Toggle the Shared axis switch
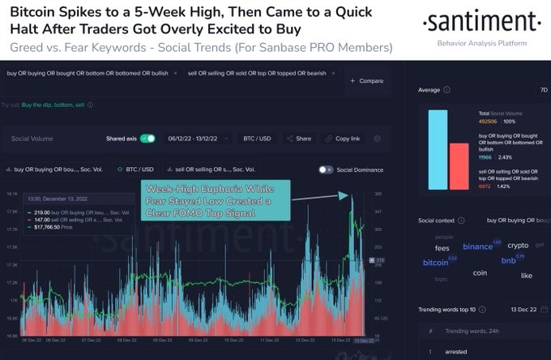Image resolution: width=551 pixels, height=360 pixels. pos(147,139)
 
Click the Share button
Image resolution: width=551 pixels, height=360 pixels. pos(299,139)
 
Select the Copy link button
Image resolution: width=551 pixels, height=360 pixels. pos(343,139)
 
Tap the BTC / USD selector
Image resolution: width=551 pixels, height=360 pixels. pos(255,139)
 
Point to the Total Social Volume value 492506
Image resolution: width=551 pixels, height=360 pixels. pos(488,120)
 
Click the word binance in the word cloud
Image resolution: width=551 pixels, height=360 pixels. pos(477,246)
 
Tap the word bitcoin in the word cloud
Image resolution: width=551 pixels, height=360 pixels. pos(435,263)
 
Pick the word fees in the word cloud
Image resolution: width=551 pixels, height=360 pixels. pos(442,248)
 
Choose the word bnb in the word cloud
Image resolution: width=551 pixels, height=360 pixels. pos(509,261)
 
